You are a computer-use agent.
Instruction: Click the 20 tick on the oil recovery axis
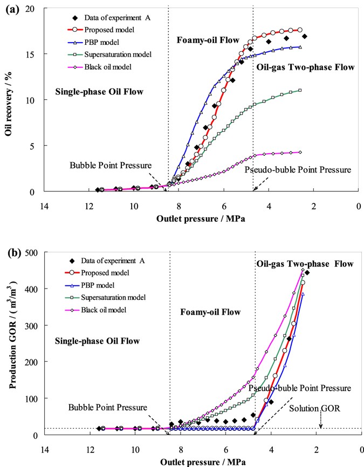click(30, 9)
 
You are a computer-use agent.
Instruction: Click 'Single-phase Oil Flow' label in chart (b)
click(98, 341)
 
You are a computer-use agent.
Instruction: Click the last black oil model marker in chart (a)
click(300, 152)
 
